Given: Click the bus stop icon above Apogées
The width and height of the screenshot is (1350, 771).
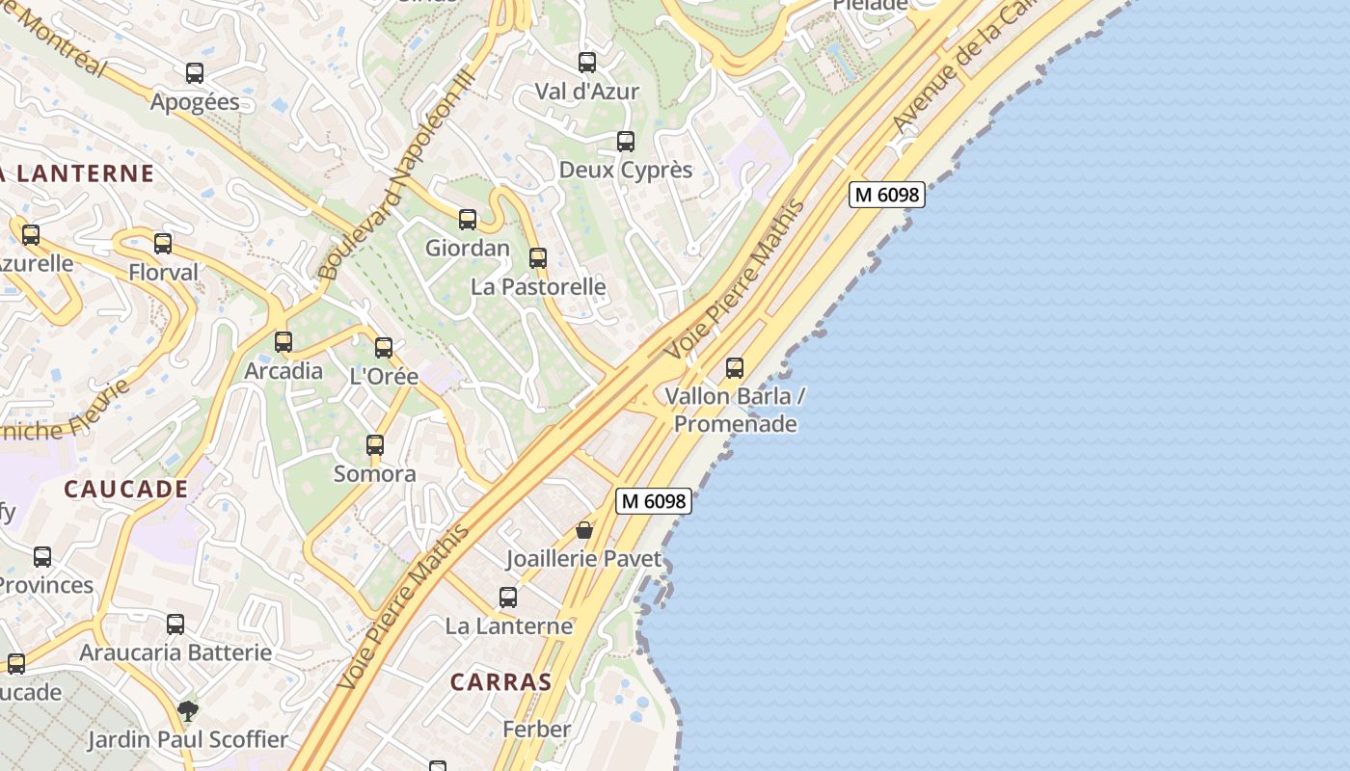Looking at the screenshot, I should (194, 73).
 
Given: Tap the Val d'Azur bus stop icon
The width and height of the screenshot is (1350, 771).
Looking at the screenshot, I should (587, 63).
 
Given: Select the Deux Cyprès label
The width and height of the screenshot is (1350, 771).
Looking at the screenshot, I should (626, 170).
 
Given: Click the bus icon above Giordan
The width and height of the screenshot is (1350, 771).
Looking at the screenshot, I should (468, 220).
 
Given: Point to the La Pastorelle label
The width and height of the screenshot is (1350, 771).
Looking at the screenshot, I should (538, 286).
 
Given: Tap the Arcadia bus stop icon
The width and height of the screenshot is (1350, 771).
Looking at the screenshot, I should (283, 342).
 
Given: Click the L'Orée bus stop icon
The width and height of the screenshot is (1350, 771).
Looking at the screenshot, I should (384, 348).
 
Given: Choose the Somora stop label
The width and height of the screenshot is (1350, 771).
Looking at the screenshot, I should (374, 473).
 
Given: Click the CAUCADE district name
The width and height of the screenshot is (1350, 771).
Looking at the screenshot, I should (126, 489).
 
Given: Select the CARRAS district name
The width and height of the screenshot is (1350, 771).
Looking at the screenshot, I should (500, 682).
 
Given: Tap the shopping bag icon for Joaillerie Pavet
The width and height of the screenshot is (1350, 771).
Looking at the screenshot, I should (583, 530).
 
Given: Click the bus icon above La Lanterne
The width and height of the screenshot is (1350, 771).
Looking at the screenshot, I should (508, 598).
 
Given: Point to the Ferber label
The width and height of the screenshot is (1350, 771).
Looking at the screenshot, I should (536, 729).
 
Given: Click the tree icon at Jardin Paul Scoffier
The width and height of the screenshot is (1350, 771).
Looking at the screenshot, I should (188, 711).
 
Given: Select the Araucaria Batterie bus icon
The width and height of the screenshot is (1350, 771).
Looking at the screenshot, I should (175, 625).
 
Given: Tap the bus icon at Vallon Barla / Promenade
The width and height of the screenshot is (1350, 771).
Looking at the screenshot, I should (735, 367).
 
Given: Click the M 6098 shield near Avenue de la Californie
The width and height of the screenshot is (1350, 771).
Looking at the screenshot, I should (887, 195).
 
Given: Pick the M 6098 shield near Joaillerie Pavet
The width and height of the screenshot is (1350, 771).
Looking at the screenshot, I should (654, 501).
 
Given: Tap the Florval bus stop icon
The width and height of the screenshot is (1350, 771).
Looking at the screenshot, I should (163, 244).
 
